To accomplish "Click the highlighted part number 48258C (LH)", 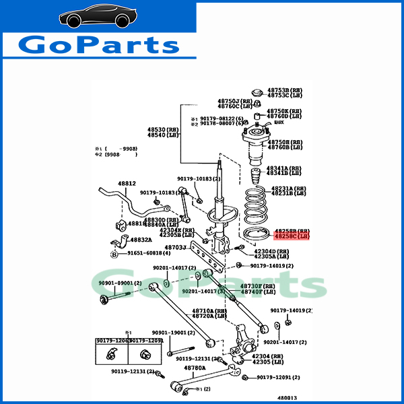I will pos(290,236).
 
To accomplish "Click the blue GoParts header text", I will pos(98,45).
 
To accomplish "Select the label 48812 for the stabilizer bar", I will pos(127,183).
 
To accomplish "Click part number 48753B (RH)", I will pos(287,90).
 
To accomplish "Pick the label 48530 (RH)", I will pos(164,129).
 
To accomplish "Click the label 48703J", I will pos(176,247).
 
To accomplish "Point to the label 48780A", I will pos(195,368).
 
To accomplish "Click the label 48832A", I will pos(141,239).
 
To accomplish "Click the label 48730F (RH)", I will pos(244,285).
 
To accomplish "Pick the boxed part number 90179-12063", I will pos(111,341).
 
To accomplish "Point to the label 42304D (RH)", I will pos(271,251).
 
